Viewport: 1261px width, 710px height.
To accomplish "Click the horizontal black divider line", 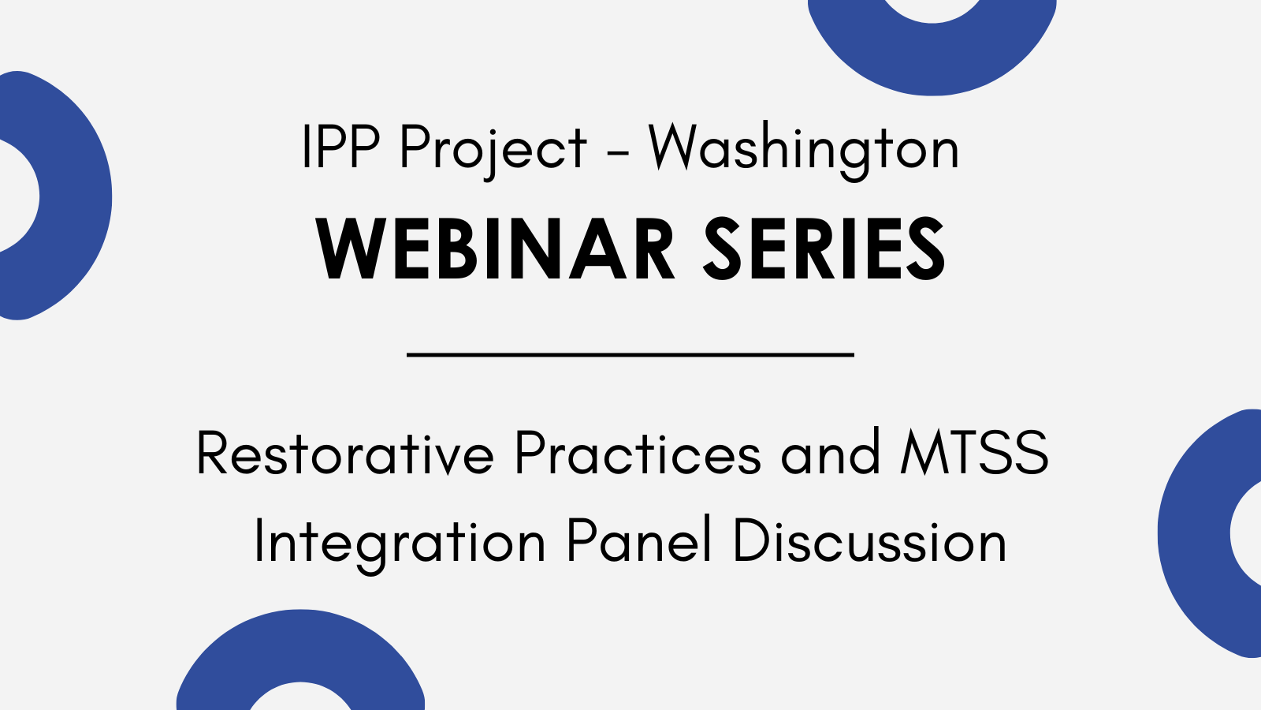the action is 630,355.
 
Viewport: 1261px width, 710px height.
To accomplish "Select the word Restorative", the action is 345,453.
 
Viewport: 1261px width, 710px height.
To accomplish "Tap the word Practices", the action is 638,453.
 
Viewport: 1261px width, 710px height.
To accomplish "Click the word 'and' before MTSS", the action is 830,452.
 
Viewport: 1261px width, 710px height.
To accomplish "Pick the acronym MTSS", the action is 974,453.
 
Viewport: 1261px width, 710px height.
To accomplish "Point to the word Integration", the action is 400,542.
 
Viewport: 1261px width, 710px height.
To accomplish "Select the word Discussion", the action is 870,540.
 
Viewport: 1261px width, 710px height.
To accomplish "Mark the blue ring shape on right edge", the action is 1193,533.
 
